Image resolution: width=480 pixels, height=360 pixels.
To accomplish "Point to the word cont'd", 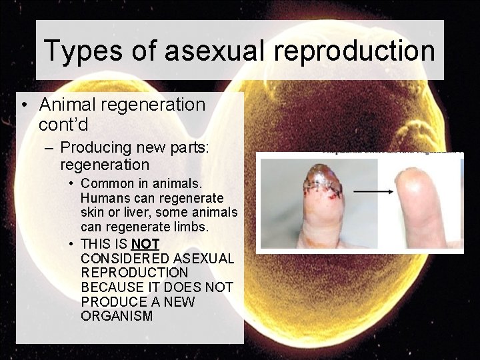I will tap(63, 124).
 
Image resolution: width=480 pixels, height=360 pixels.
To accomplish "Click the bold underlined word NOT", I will tap(146, 243).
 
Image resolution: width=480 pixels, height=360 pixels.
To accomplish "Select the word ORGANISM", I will tap(116, 316).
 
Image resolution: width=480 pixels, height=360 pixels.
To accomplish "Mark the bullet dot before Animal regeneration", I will tap(23, 105).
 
